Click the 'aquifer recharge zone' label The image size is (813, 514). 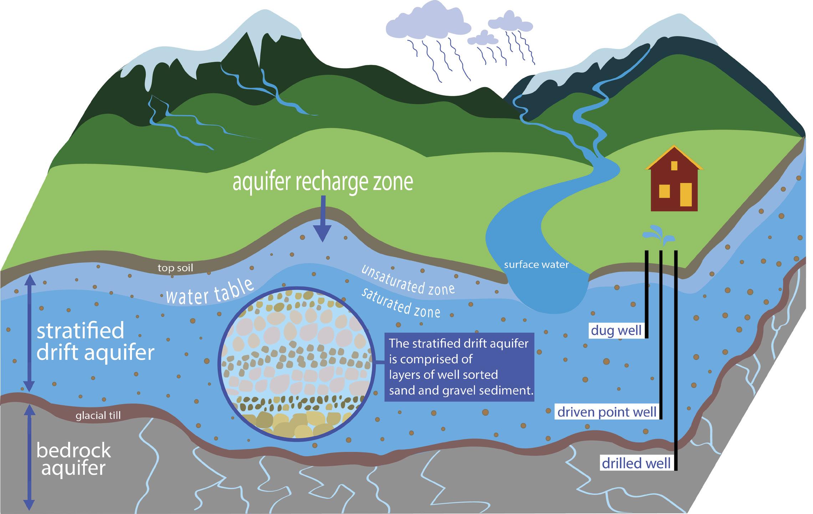(323, 182)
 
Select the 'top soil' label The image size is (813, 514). (175, 268)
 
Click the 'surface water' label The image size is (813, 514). (536, 265)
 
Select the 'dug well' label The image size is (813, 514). (616, 331)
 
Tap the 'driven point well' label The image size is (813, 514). (607, 412)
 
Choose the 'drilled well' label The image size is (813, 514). (636, 463)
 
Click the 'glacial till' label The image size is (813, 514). (98, 415)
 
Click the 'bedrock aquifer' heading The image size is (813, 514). (74, 459)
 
